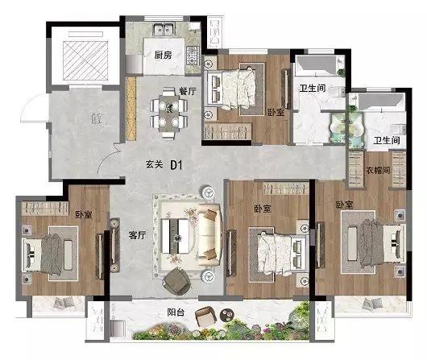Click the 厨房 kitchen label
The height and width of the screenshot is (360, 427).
coord(163,55)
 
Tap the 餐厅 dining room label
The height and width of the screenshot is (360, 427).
coord(188,91)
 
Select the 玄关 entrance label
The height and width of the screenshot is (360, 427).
coord(155,164)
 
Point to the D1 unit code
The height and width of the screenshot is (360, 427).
coord(176,165)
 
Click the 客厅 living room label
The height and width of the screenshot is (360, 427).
coord(137,235)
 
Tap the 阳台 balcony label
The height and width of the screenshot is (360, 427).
coord(176,312)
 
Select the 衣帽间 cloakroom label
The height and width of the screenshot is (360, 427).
coord(378,170)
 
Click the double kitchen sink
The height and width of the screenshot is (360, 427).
coord(164,29)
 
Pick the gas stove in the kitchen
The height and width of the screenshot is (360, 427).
coord(193,56)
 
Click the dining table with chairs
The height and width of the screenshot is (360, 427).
coord(169,113)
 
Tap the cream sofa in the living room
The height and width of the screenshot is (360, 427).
coord(209,234)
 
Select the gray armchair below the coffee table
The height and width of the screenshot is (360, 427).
coord(176,281)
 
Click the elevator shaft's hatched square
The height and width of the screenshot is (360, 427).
coord(85,60)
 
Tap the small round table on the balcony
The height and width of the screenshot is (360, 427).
coord(226,315)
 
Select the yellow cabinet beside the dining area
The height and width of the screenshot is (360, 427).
coord(131,109)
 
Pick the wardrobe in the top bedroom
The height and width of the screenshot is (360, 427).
coord(228,132)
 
